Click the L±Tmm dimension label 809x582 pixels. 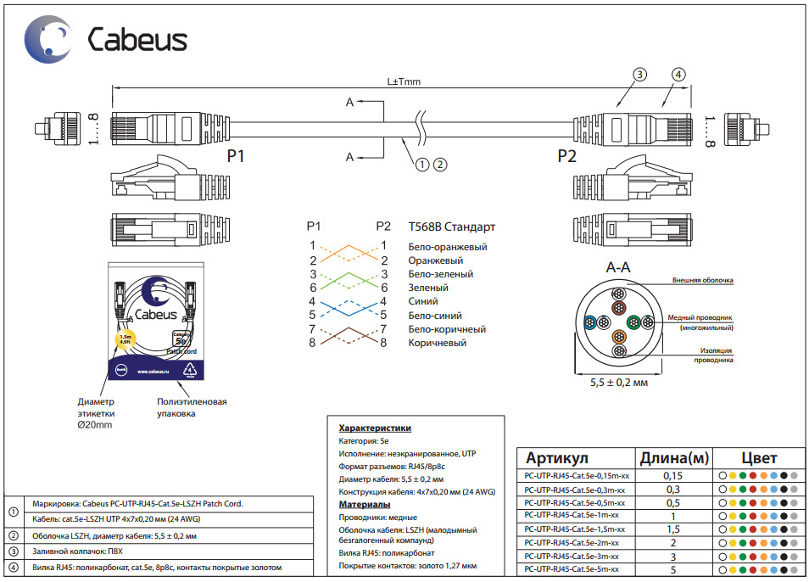click(404, 82)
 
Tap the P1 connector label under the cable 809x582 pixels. click(236, 157)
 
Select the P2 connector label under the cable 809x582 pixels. click(566, 157)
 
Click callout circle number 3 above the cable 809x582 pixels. click(639, 74)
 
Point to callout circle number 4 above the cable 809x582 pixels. click(678, 74)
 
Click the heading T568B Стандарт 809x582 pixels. click(451, 227)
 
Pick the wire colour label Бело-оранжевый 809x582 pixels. click(447, 247)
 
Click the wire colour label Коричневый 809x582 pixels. click(437, 343)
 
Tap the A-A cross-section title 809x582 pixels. click(618, 267)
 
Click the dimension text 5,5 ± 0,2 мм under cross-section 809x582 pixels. click(618, 383)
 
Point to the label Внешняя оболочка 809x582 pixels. click(702, 280)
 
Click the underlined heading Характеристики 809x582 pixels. click(375, 428)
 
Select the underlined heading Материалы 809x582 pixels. click(365, 505)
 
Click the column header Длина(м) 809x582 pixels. click(673, 458)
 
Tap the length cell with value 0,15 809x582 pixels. click(672, 476)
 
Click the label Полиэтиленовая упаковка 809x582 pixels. click(192, 407)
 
